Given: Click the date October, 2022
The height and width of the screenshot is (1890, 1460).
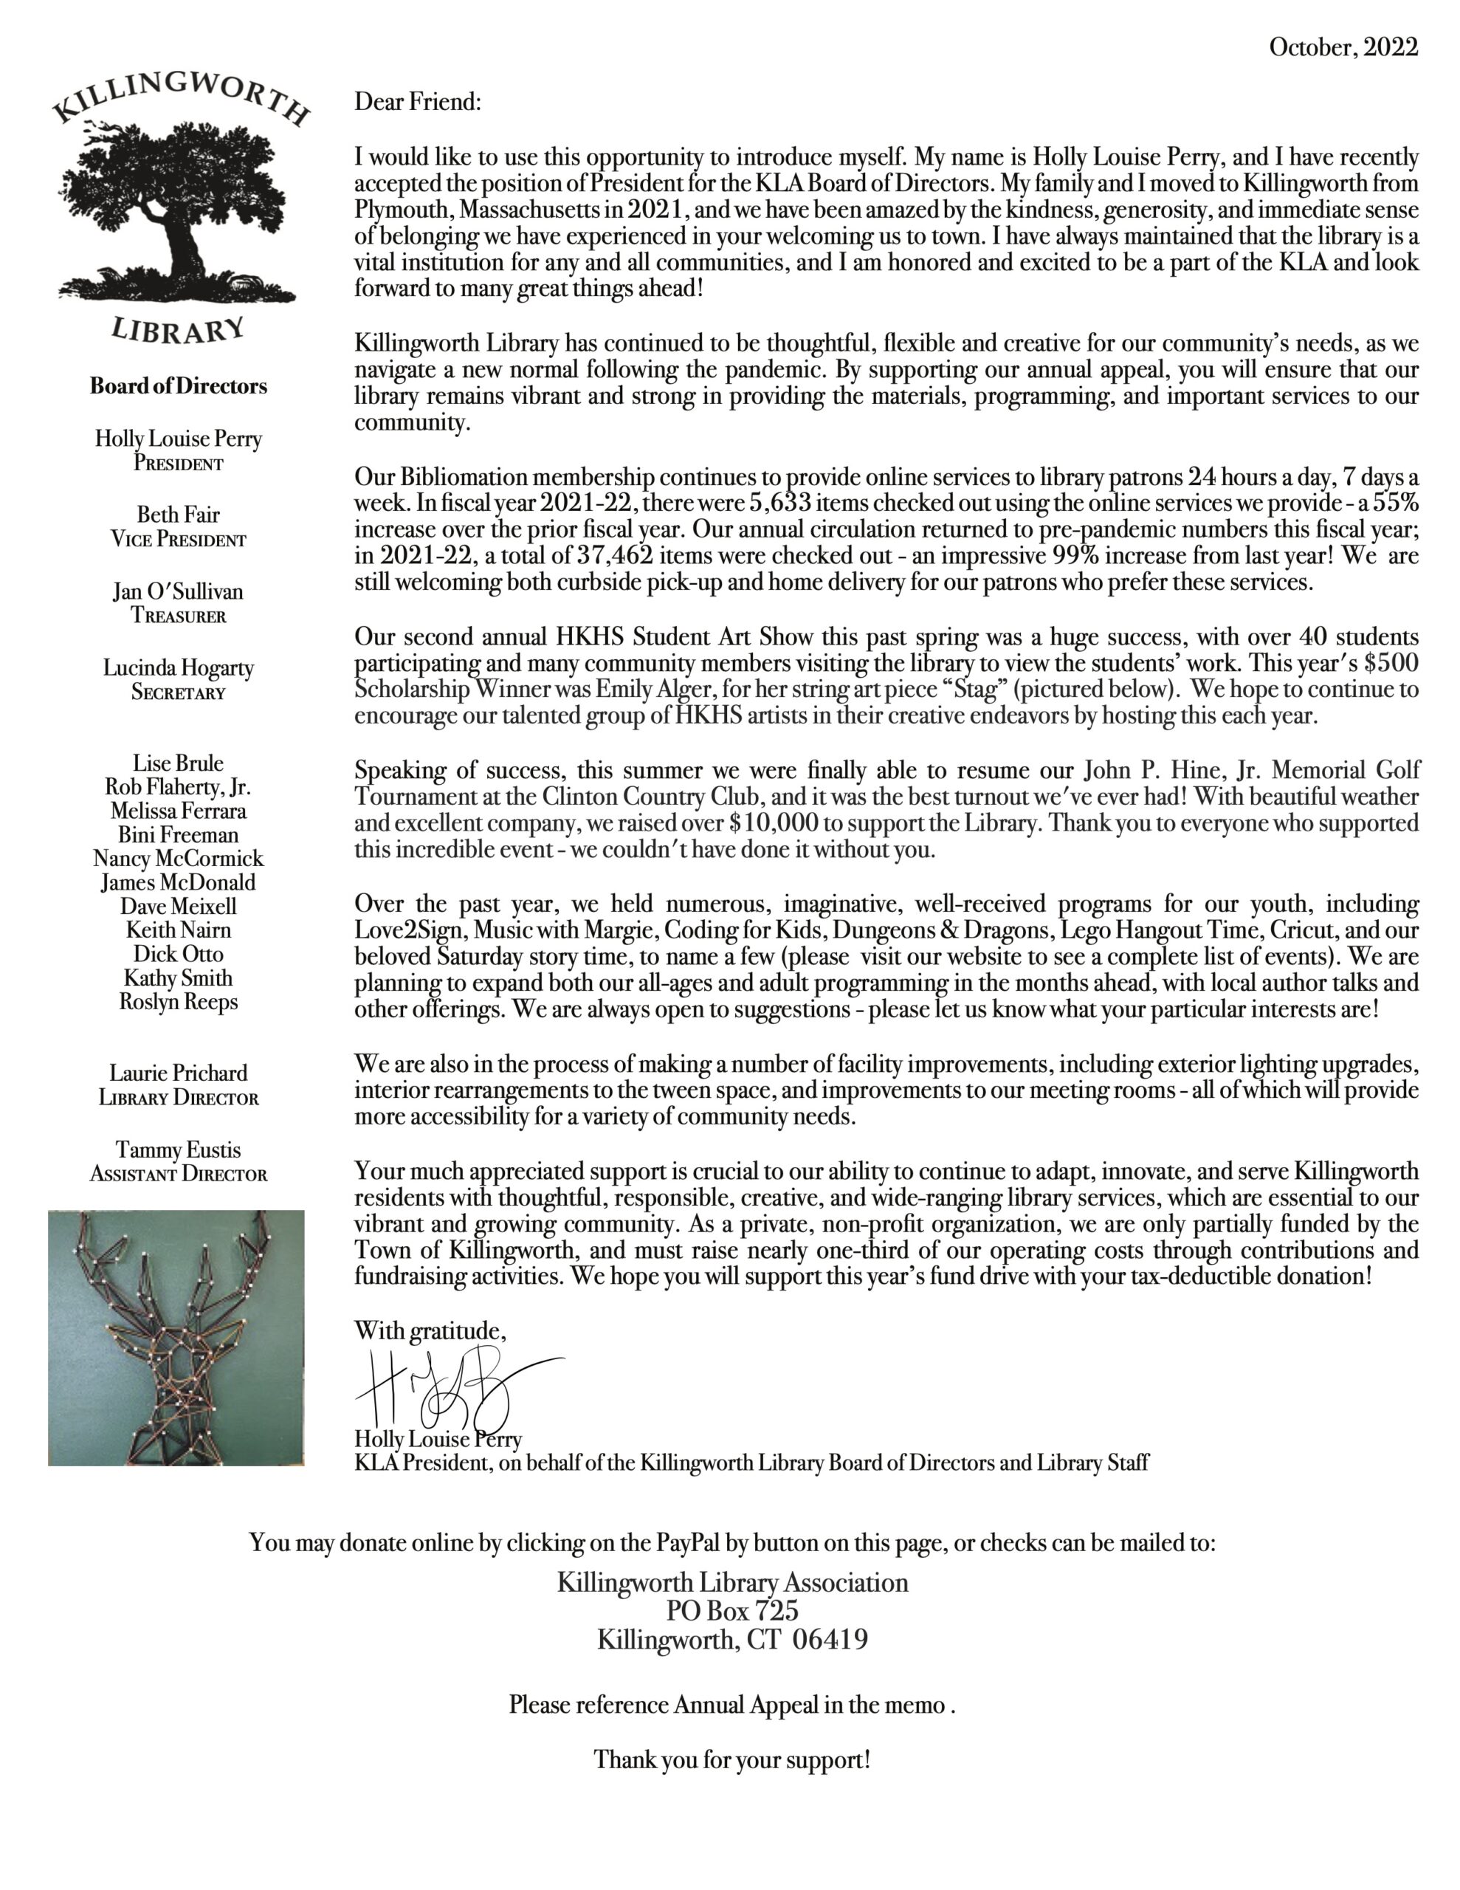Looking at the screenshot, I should point(1343,47).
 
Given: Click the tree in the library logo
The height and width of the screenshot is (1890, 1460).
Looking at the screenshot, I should point(177,207).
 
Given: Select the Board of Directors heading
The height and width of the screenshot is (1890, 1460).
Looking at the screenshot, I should point(179,386).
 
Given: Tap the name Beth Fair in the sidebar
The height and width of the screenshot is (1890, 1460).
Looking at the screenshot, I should point(179,515).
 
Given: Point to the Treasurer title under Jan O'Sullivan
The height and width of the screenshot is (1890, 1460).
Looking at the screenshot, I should point(179,616).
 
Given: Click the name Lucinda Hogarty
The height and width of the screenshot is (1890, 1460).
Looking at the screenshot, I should point(179,668).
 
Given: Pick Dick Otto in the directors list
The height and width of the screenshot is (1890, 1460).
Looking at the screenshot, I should point(179,954).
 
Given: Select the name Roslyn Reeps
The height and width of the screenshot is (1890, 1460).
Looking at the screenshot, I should point(179,1001).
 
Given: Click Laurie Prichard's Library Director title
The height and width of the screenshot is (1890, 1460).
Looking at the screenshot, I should point(179,1098).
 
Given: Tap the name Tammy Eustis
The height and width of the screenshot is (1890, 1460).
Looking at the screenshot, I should point(179,1150).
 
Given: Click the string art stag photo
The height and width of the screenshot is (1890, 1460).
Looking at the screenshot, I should point(176,1338).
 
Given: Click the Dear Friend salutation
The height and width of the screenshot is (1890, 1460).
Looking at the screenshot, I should point(417,102).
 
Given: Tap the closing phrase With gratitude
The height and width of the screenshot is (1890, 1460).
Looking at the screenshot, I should point(430,1330).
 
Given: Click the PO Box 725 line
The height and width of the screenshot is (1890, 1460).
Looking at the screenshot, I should point(732,1610).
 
